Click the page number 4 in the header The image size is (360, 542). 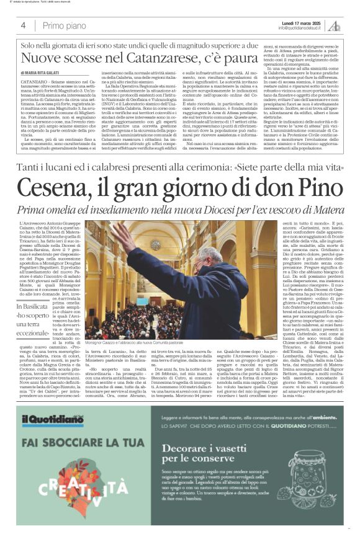point(23,25)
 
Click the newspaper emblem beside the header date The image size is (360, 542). point(334,25)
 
